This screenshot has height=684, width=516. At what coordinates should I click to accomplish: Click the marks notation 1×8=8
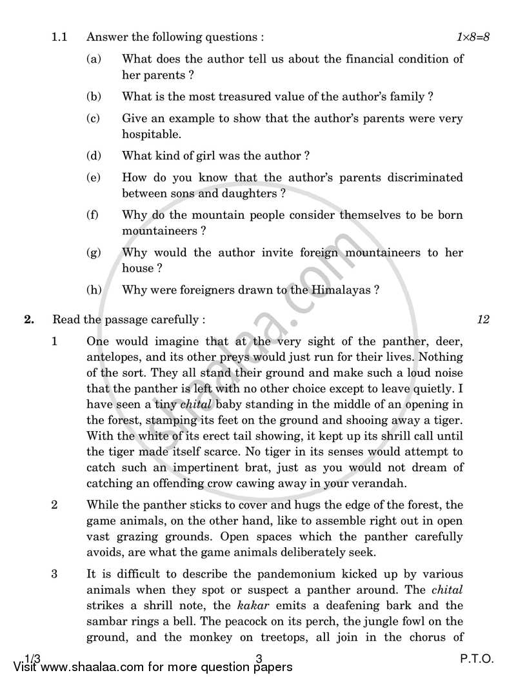pyautogui.click(x=473, y=37)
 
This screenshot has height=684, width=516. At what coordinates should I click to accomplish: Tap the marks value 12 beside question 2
pyautogui.click(x=483, y=319)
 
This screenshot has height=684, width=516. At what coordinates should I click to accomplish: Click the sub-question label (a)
pyautogui.click(x=94, y=59)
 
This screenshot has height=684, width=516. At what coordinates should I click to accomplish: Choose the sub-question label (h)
pyautogui.click(x=94, y=290)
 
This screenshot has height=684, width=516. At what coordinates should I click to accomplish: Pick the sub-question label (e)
pyautogui.click(x=94, y=177)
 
